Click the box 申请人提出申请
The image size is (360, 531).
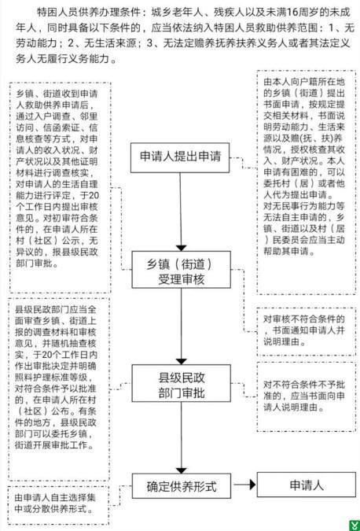180,157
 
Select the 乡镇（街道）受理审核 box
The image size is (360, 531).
181,270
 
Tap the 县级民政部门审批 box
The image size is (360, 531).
181,383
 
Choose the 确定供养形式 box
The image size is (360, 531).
182,486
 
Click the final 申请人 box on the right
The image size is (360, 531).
307,485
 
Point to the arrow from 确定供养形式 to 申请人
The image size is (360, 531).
244,485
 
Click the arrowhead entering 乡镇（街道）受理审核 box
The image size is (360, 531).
182,248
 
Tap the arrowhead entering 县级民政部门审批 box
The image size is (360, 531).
182,361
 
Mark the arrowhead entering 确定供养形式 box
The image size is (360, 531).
182,470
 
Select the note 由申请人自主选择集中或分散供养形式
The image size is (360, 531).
55,503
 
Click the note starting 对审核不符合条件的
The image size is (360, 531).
304,330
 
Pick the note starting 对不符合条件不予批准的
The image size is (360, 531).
304,396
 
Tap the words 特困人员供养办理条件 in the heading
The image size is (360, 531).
88,13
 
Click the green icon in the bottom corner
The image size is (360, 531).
354,525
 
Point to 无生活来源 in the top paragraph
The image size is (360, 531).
108,43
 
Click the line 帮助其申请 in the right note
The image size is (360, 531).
285,251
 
